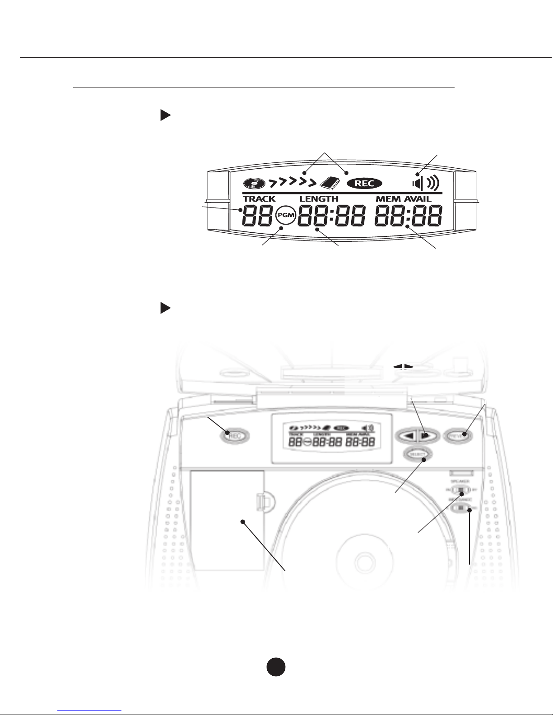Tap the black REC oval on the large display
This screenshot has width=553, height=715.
click(x=364, y=183)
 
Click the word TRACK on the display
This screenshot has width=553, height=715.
click(x=259, y=199)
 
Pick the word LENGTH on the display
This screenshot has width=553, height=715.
click(x=319, y=199)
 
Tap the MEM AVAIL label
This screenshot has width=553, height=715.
click(x=404, y=199)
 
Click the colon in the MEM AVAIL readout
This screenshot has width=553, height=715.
click(x=408, y=216)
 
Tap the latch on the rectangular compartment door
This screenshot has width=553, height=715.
click(x=260, y=500)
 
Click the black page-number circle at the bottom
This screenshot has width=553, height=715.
click(x=275, y=666)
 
